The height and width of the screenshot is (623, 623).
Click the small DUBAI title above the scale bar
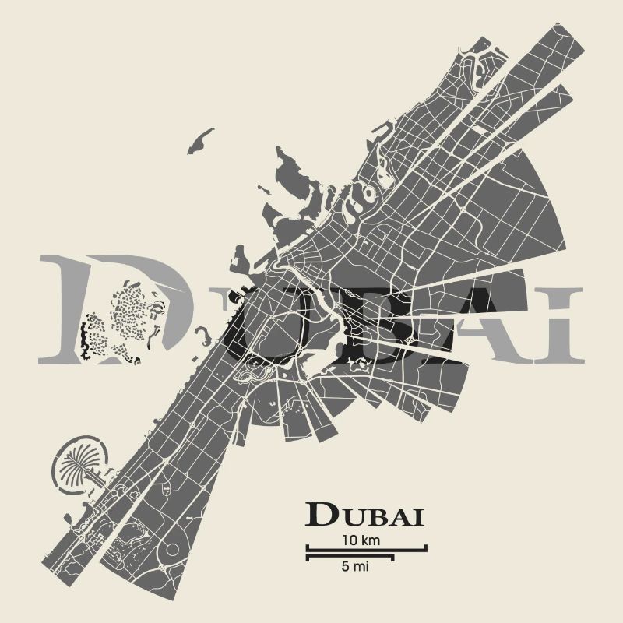[x=364, y=515]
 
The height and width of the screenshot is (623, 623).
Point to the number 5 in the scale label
[x=345, y=567]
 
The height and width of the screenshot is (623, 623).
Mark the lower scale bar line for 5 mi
[x=350, y=557]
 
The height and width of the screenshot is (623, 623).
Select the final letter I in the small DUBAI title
[x=418, y=516]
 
